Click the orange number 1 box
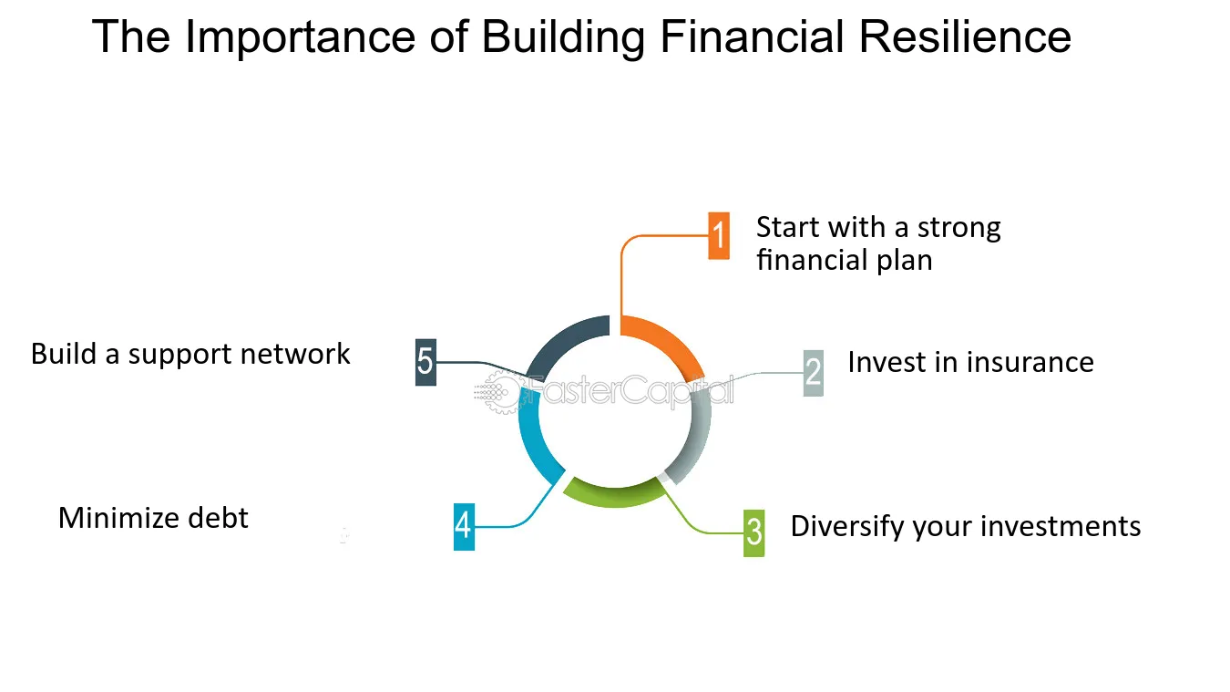719,236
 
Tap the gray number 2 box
814,372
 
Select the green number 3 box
753,532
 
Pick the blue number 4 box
464,526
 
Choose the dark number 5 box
425,362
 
